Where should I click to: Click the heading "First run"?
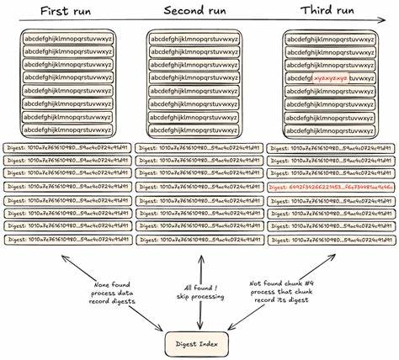tap(64, 11)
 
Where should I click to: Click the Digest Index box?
tap(199, 343)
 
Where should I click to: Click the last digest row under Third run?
tap(330, 241)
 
